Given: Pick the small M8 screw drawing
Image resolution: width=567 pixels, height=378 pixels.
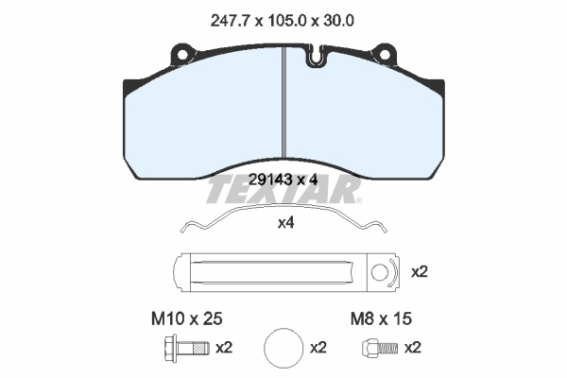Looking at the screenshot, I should click(x=371, y=348).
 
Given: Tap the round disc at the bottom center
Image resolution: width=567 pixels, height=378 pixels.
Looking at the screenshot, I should click(x=283, y=348).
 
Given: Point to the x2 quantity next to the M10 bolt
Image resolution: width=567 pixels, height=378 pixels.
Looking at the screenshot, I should click(x=224, y=348).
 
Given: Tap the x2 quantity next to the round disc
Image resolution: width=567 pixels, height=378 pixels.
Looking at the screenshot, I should click(x=318, y=348).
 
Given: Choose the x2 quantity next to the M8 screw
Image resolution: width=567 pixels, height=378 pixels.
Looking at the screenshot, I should click(x=413, y=348).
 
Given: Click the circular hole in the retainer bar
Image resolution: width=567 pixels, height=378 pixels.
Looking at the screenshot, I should click(x=380, y=273).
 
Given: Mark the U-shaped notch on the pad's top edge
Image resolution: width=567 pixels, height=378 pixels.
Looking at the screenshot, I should click(x=315, y=59).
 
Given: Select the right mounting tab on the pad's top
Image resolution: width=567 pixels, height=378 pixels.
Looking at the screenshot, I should click(x=385, y=49).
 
